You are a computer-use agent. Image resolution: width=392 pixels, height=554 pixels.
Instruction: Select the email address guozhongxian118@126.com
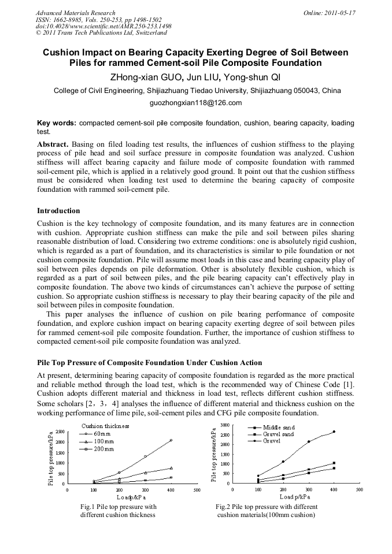point(195,103)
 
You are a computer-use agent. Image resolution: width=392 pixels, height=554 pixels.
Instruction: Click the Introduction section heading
point(58,211)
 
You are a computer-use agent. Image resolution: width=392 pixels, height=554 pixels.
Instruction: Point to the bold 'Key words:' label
point(56,123)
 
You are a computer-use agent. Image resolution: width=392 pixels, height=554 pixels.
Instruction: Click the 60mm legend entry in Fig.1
point(102,433)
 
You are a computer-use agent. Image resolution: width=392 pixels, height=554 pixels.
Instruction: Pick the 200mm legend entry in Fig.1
point(103,448)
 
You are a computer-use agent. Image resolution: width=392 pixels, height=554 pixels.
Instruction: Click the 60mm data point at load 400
point(171,440)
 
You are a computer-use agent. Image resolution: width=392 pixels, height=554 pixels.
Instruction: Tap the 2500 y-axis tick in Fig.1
point(60,432)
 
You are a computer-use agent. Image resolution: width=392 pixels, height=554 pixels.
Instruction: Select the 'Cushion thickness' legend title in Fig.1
point(105,426)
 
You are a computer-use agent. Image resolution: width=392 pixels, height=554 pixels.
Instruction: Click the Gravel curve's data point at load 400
point(334,432)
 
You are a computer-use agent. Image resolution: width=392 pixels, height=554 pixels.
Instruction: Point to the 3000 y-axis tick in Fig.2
point(225,425)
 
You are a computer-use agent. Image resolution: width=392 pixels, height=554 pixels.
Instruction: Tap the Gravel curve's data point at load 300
point(308,441)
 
